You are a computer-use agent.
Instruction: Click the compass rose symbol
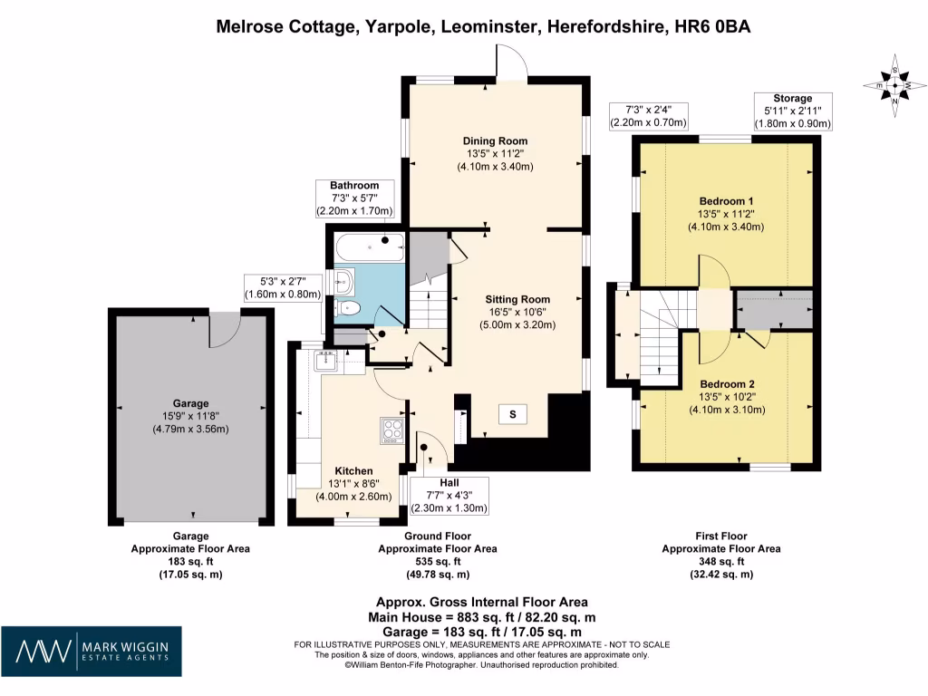point(895,87)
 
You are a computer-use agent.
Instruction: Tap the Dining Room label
point(495,140)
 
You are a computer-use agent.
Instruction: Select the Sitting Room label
point(517,299)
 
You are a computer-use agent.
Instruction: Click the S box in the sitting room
point(512,415)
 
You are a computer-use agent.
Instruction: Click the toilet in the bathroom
point(350,309)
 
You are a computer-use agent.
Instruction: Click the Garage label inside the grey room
point(191,403)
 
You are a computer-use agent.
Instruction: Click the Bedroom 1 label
point(727,200)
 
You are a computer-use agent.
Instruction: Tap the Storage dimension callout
point(792,111)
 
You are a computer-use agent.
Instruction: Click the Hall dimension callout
point(449,496)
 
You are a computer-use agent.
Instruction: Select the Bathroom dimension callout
point(354,198)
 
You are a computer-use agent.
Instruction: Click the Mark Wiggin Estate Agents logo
point(91,651)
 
